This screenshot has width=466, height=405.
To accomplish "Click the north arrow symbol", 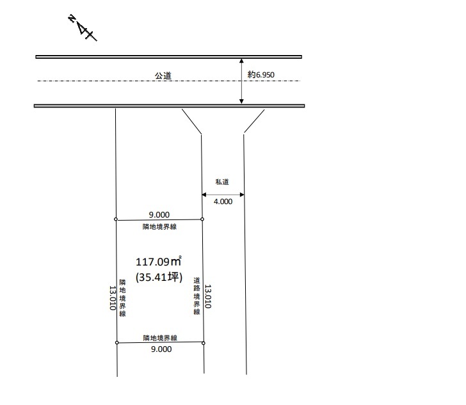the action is [x=83, y=28].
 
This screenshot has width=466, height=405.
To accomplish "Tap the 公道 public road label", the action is [x=163, y=75].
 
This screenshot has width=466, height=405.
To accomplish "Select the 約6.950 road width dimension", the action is [x=261, y=75].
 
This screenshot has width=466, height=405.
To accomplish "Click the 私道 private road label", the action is [x=222, y=182].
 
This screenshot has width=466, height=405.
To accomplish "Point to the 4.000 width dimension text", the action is [x=223, y=202].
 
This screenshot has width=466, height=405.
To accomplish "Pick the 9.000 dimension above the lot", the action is [x=159, y=214].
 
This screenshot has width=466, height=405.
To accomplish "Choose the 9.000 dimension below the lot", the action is [x=161, y=349].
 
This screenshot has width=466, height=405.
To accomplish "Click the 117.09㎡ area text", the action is [x=158, y=261].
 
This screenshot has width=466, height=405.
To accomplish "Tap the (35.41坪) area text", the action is [x=159, y=277].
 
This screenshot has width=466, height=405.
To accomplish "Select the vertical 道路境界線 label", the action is [x=197, y=296].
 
